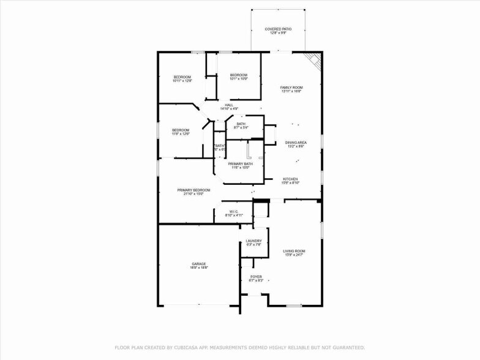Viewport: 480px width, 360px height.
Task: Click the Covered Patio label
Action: point(278,30)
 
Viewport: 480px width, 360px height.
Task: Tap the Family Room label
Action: point(291,89)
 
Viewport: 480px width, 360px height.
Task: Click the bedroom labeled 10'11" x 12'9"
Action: point(182,78)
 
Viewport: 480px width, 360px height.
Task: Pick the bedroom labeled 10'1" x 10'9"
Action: point(238,77)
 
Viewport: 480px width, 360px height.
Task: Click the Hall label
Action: point(228,107)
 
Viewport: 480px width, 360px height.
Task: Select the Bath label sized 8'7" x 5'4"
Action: point(241,126)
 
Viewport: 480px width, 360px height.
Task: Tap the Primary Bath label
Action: point(240,165)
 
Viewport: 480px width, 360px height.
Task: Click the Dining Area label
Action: point(296,144)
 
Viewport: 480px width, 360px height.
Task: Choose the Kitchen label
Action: point(290,181)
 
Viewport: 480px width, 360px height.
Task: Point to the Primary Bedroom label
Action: point(193,192)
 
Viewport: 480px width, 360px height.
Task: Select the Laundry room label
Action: point(253,242)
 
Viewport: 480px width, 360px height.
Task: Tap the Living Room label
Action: point(294,253)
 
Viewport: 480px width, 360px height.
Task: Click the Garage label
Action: point(198,266)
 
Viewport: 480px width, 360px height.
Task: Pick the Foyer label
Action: point(256,279)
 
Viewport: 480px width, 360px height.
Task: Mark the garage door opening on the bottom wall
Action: point(198,305)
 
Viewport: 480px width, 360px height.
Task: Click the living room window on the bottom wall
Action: point(294,305)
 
